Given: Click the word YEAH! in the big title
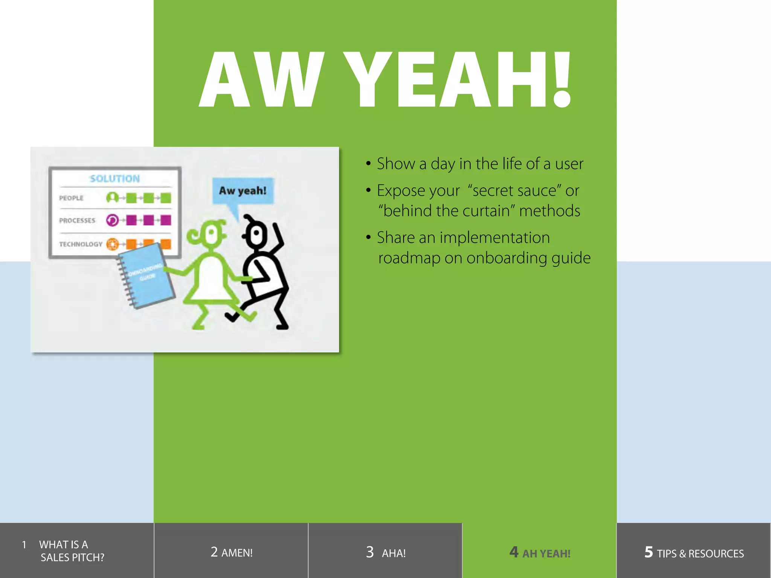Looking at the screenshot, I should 457,80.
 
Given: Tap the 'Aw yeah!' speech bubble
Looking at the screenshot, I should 243,191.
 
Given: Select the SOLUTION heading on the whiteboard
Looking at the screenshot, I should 115,179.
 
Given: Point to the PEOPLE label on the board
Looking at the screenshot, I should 71,198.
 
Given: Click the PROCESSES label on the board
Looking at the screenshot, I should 77,221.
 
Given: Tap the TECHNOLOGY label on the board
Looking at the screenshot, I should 81,244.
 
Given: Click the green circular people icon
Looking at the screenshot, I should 112,198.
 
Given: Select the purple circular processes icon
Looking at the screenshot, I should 112,220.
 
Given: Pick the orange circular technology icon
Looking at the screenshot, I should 112,244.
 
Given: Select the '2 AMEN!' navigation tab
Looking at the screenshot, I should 231,552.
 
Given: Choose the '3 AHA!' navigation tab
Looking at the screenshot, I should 385,552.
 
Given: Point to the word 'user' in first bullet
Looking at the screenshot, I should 569,164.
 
